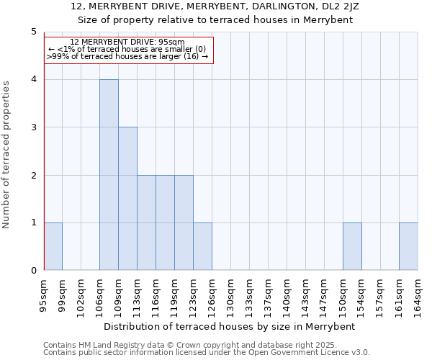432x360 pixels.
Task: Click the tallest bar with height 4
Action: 109,175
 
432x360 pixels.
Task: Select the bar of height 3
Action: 127,199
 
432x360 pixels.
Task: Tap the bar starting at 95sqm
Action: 53,246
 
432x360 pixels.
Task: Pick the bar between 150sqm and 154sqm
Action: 352,246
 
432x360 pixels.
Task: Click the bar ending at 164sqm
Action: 408,246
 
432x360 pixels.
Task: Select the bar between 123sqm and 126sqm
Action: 202,246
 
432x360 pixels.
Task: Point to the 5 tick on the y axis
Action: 33,32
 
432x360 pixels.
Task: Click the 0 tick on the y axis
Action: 33,271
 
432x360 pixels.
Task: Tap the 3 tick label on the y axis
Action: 33,127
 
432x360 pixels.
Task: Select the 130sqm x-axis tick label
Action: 231,294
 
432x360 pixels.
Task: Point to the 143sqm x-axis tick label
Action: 306,294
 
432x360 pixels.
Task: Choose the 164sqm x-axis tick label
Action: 418,294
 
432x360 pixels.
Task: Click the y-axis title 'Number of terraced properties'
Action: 7,154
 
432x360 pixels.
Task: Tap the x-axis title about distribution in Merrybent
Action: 230,326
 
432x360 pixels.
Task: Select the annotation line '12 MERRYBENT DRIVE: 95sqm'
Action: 127,42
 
